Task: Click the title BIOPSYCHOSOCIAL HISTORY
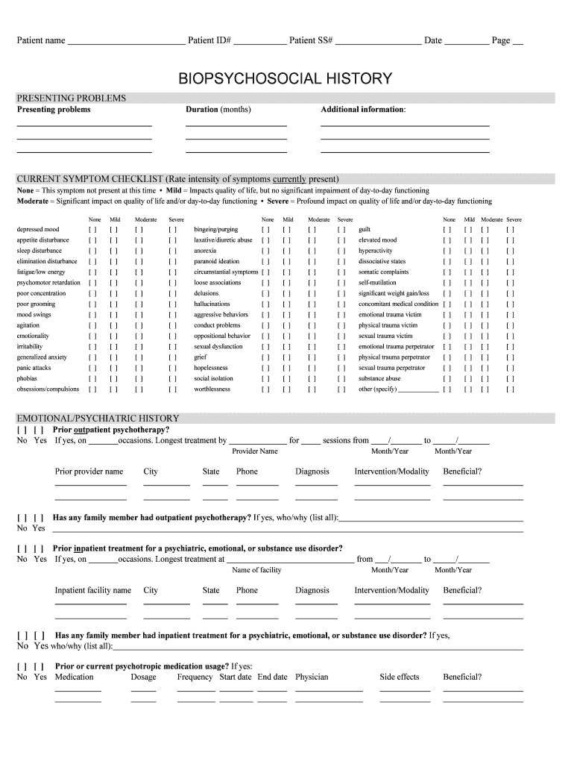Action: [x=285, y=78]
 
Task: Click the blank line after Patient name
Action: [x=126, y=42]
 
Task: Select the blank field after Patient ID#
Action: [x=259, y=42]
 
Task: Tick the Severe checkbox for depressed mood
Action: [x=173, y=230]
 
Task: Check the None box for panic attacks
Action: [x=92, y=369]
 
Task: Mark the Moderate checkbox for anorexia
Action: [x=312, y=251]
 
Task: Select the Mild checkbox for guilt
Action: [x=469, y=230]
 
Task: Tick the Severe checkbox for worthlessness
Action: [x=341, y=389]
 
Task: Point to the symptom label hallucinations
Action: [x=212, y=304]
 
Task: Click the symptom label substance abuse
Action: [x=379, y=379]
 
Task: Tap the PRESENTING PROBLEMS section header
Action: [x=72, y=98]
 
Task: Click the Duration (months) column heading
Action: [x=218, y=110]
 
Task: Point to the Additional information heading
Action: [x=363, y=110]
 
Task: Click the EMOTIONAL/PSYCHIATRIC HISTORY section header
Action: [x=98, y=419]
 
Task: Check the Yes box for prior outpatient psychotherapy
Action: [x=38, y=430]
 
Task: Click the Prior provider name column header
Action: [x=89, y=472]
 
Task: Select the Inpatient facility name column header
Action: [x=92, y=590]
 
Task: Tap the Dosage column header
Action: [x=143, y=677]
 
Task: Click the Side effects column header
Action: [x=400, y=677]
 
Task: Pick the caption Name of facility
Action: [x=256, y=570]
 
